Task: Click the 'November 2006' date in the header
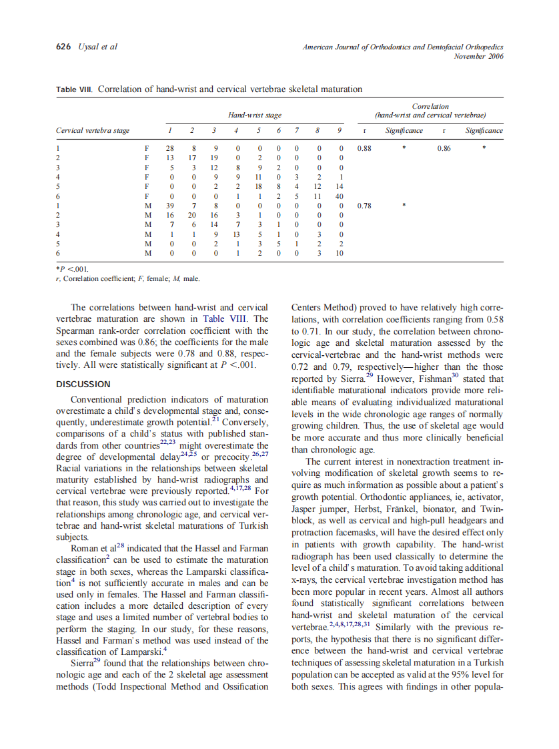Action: click(x=478, y=56)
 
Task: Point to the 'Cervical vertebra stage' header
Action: click(x=93, y=131)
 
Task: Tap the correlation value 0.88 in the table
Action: click(x=364, y=148)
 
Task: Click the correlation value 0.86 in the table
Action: click(x=444, y=148)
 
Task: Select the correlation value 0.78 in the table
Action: click(x=364, y=206)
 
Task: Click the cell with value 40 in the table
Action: click(x=339, y=196)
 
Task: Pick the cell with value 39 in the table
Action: click(x=169, y=206)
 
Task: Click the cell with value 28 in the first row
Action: click(x=169, y=148)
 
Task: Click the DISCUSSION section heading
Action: click(x=83, y=385)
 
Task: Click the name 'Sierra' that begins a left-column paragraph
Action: click(x=83, y=664)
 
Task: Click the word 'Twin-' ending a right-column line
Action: click(x=491, y=509)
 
